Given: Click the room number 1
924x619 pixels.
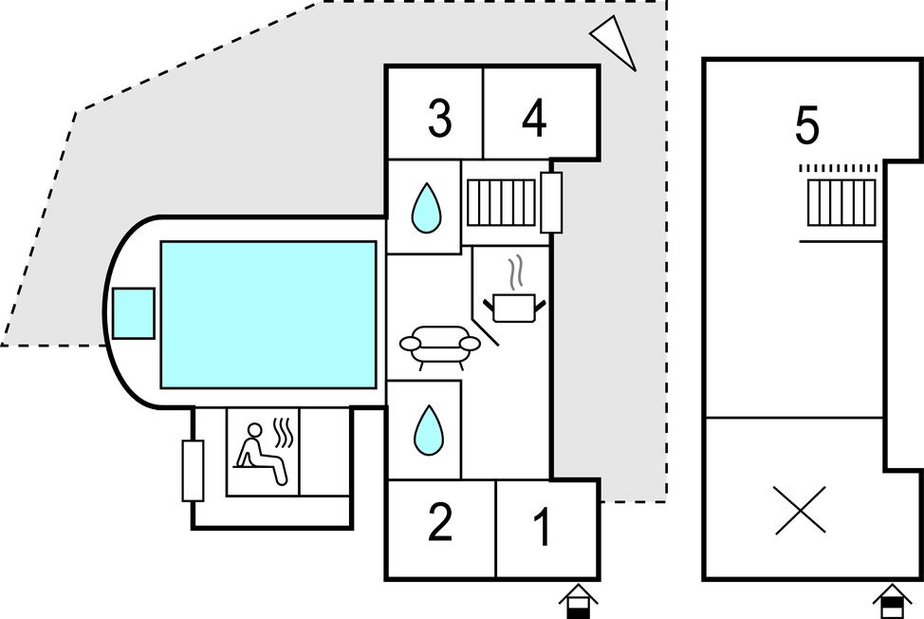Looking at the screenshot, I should point(543,529).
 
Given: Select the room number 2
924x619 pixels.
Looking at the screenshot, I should point(439,523).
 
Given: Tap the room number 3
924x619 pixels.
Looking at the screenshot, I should point(438,120).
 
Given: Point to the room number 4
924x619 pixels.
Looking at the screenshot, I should point(535,120).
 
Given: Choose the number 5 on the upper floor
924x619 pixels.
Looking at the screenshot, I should point(806,127).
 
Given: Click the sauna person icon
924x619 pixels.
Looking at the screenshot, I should point(262,455).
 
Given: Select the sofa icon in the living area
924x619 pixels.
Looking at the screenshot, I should point(439,347).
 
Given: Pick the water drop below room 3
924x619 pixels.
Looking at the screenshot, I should point(426,208).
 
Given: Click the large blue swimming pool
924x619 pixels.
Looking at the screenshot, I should point(268,314).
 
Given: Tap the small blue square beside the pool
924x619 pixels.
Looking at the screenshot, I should point(133,312).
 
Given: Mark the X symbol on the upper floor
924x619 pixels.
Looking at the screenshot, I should point(800,510).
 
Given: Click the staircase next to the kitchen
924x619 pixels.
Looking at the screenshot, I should point(501,201).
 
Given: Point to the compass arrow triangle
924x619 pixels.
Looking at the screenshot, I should point(616,42).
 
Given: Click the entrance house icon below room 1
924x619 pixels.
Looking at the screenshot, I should point(578,601).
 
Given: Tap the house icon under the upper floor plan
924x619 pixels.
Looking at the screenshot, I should point(892,601).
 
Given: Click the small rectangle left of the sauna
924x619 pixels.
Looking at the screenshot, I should point(193,470).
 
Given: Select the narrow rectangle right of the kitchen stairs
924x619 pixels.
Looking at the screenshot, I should point(551,201).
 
